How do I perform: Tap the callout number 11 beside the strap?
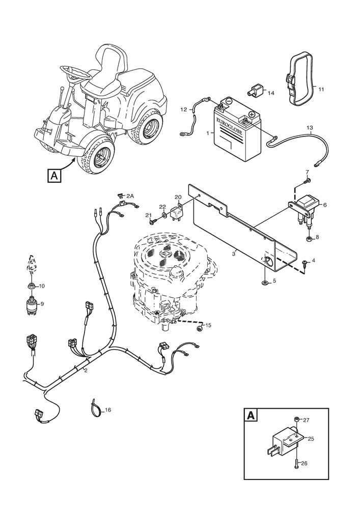[321, 90]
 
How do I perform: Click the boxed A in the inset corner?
[251, 415]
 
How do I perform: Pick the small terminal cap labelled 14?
[255, 92]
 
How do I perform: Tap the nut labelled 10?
[32, 286]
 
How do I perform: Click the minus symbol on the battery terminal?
[229, 102]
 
